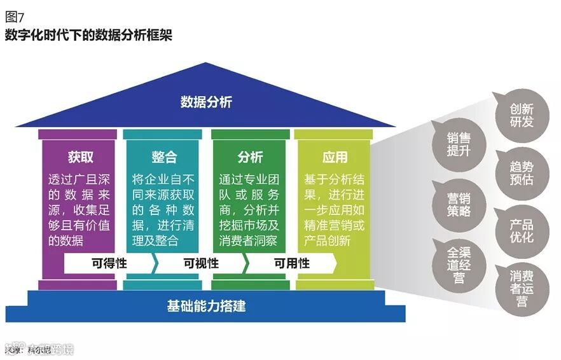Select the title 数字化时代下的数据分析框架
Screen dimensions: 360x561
[88, 34]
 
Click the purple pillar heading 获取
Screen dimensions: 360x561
[81, 157]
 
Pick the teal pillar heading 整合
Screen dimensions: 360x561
[164, 157]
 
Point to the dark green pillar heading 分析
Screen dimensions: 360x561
[250, 157]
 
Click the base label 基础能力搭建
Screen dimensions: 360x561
[206, 306]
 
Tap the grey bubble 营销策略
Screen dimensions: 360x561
[459, 204]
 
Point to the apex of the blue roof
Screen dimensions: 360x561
[205, 64]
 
